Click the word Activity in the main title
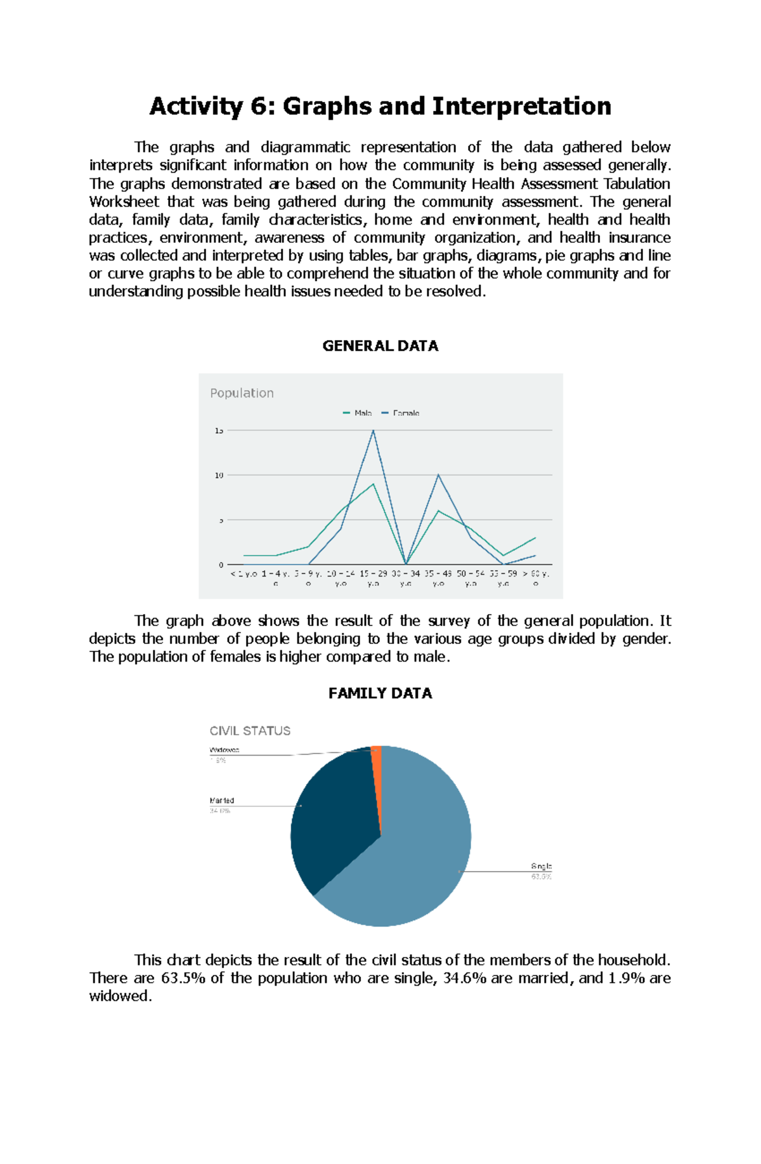pos(195,106)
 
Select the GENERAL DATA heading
pos(380,346)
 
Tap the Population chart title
pos(242,393)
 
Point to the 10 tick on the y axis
pos(219,475)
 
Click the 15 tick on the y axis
pos(219,431)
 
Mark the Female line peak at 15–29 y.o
pos(374,431)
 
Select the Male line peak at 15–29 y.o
pos(374,485)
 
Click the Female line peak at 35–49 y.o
pos(438,474)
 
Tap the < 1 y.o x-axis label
pos(244,573)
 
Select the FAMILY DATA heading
pos(380,693)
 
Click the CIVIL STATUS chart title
pos(250,731)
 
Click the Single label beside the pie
pos(541,866)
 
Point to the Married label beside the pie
pos(221,801)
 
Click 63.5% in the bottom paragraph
pos(183,978)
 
